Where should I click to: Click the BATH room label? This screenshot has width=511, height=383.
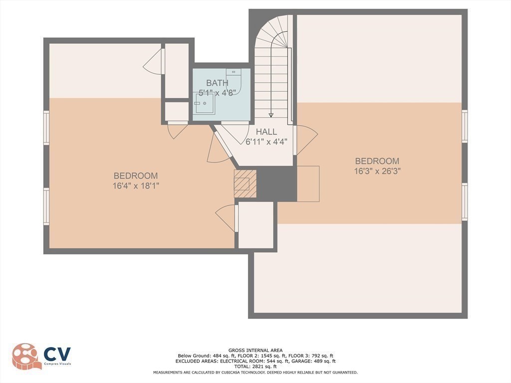(x=217, y=83)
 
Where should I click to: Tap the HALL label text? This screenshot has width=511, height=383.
(x=266, y=132)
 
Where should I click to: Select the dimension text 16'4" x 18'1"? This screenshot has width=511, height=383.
(x=136, y=186)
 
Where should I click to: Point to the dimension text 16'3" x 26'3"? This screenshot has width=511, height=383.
(x=377, y=171)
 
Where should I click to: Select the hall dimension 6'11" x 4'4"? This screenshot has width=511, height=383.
(x=266, y=141)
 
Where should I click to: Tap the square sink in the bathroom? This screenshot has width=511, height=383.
(x=205, y=103)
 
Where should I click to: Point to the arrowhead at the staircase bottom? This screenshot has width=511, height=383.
(x=271, y=115)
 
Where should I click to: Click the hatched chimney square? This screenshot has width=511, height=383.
(x=245, y=184)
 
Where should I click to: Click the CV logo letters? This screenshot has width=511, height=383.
(x=57, y=354)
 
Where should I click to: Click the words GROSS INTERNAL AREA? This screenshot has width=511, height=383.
(x=255, y=350)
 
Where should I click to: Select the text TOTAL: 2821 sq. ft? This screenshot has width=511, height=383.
(x=255, y=366)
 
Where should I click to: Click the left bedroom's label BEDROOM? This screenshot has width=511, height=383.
(x=136, y=176)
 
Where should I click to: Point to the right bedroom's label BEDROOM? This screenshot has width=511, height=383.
(x=377, y=161)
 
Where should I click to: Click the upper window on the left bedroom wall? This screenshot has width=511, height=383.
(x=46, y=128)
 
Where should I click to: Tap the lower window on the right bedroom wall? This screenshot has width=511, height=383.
(x=465, y=201)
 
